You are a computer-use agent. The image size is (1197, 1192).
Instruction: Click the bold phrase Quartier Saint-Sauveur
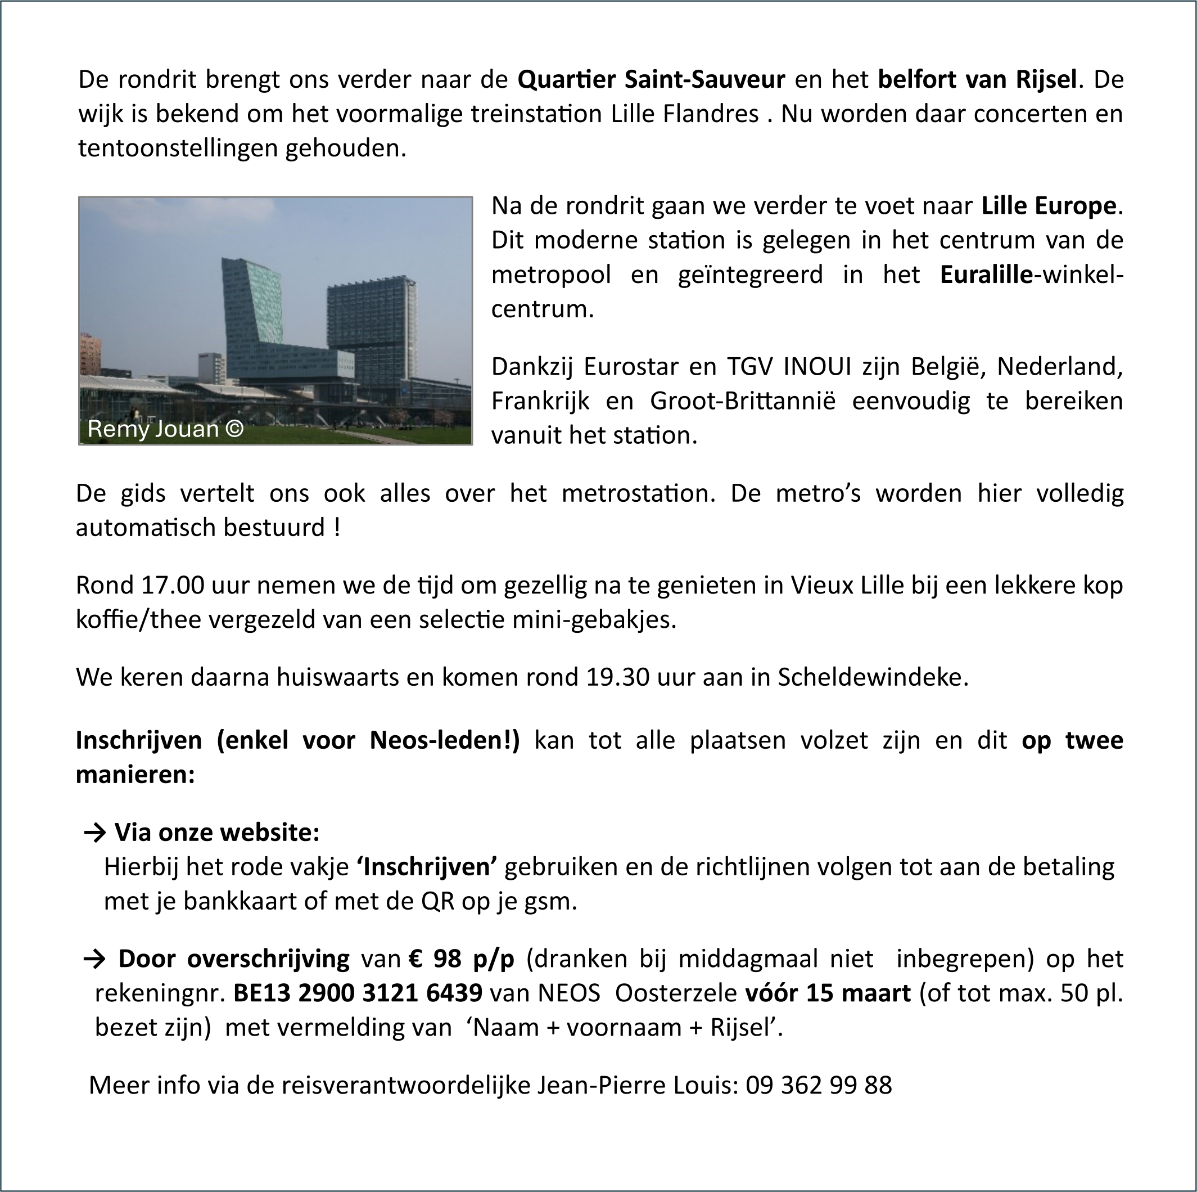tap(651, 80)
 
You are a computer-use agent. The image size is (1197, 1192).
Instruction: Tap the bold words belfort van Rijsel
tap(977, 80)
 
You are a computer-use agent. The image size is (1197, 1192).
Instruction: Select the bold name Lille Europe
tap(1049, 206)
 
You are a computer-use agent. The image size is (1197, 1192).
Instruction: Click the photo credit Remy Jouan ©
tap(165, 428)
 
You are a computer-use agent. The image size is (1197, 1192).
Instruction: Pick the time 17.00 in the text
tap(173, 585)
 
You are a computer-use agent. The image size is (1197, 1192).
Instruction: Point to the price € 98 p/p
tap(462, 959)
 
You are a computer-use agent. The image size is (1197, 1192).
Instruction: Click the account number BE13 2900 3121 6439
tap(358, 993)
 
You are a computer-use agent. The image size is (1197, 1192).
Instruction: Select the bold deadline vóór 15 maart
tap(827, 993)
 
